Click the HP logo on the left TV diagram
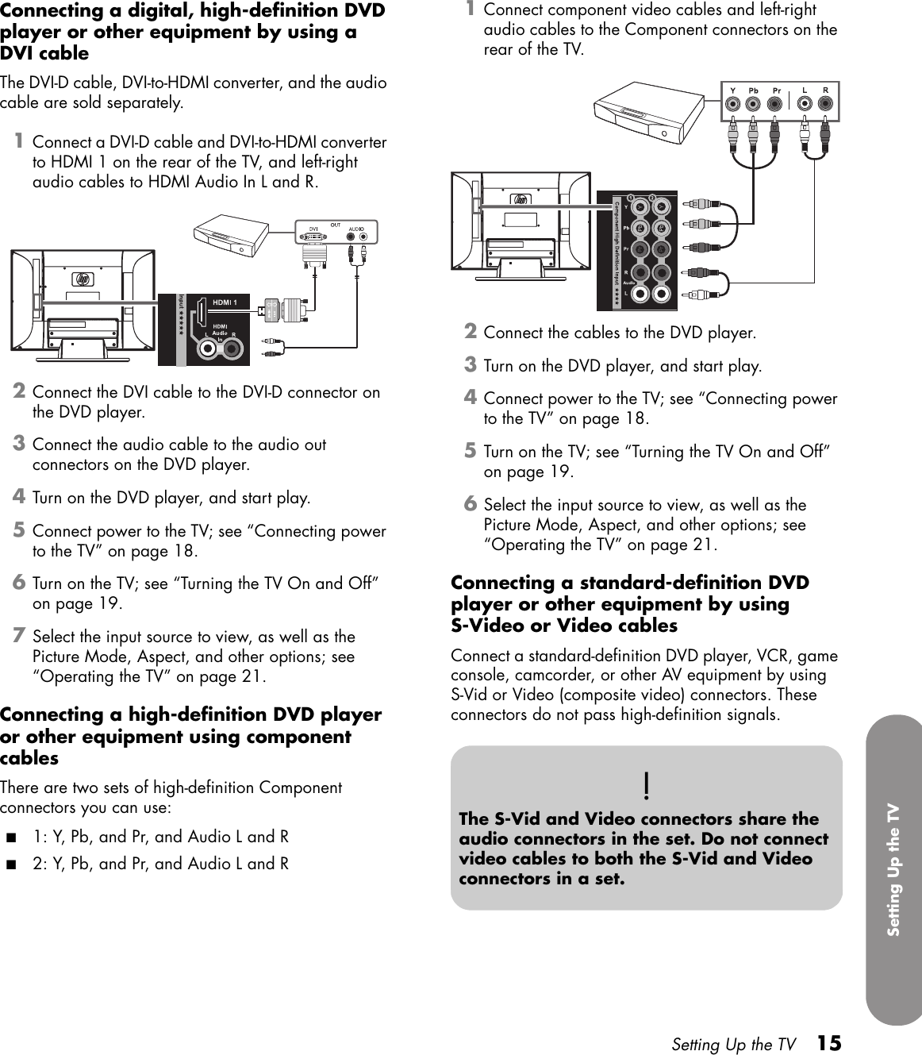point(83,279)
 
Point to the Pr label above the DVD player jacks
point(777,90)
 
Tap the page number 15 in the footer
point(829,1042)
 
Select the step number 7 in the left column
point(19,636)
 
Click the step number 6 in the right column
point(471,504)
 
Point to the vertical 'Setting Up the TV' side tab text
point(893,869)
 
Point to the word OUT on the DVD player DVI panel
point(336,225)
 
